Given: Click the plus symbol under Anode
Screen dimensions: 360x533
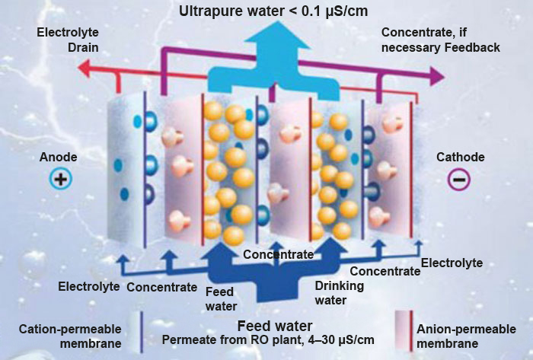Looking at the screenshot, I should point(59,179).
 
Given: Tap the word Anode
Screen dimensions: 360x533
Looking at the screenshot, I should point(59,158).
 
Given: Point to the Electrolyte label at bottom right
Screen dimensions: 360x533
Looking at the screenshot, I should point(452,263).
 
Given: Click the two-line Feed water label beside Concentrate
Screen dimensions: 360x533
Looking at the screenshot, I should point(221,298).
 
